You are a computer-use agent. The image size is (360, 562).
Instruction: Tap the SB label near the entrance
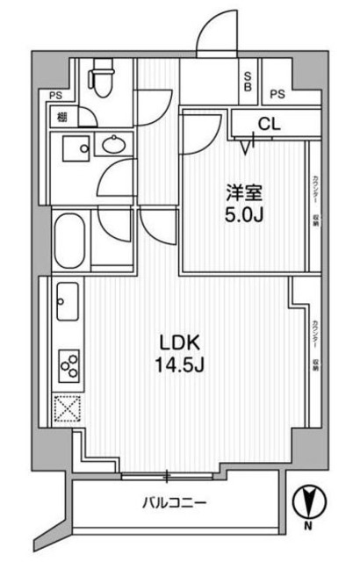click(248, 81)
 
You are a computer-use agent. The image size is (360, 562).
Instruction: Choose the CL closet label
click(270, 124)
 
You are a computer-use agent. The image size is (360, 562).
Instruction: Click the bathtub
click(70, 239)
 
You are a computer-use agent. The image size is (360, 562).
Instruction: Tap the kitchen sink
click(67, 304)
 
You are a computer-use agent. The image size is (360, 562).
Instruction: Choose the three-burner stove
click(68, 363)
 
